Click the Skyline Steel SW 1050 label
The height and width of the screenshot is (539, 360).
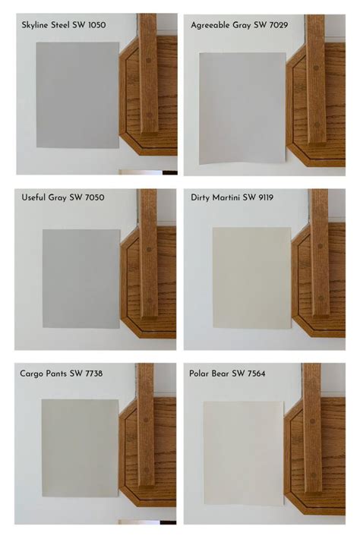pyautogui.click(x=64, y=24)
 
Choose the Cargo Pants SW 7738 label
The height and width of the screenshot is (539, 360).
pyautogui.click(x=62, y=373)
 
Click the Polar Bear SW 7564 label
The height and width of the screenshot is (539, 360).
pyautogui.click(x=227, y=373)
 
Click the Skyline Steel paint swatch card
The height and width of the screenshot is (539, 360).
pyautogui.click(x=77, y=95)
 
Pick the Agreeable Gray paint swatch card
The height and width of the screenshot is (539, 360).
pyautogui.click(x=242, y=108)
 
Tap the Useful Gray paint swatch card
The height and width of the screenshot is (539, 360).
pyautogui.click(x=81, y=279)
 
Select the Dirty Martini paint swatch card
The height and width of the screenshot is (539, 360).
pyautogui.click(x=251, y=278)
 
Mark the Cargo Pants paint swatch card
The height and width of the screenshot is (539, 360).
pyautogui.click(x=80, y=448)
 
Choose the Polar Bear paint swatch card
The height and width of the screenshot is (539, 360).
pyautogui.click(x=243, y=452)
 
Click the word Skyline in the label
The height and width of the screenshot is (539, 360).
pyautogui.click(x=37, y=24)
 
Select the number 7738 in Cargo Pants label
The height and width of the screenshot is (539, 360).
pyautogui.click(x=93, y=373)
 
